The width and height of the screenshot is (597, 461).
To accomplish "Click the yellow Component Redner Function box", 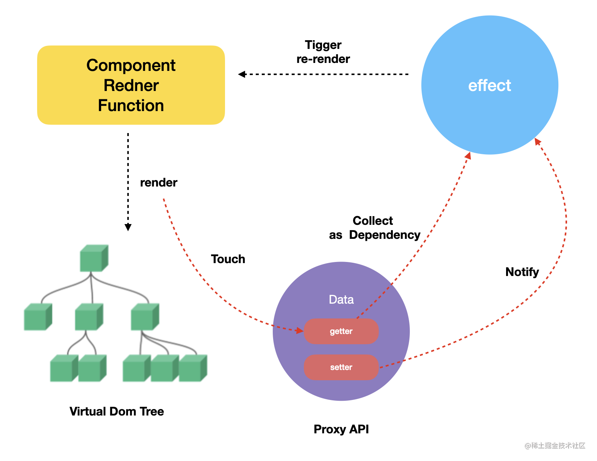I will click(131, 85).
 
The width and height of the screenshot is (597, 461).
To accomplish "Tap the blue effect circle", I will click(489, 85).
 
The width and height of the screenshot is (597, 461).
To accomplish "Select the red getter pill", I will click(341, 331).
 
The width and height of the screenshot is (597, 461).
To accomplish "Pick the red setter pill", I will click(341, 367).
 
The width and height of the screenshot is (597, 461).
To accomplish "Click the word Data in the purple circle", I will click(341, 299).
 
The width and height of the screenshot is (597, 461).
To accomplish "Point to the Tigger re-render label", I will click(323, 52).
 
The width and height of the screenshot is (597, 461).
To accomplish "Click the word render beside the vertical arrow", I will click(158, 183).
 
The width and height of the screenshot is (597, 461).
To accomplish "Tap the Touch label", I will click(228, 259).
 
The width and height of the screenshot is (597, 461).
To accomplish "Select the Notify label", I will click(522, 272).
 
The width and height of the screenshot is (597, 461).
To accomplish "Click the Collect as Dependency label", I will click(374, 228).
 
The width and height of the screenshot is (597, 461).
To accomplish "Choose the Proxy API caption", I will click(341, 429).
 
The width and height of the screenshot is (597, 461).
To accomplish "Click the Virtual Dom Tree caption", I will click(117, 411).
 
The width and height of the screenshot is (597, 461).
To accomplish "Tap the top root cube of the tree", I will click(94, 259).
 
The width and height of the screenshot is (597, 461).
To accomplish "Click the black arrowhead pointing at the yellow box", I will click(242, 74).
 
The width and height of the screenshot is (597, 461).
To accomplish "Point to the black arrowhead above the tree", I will click(128, 227).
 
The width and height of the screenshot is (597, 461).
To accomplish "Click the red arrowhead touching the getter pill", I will click(300, 331).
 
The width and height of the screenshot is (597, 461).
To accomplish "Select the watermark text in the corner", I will click(555, 445).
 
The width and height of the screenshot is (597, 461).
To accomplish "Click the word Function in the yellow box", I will click(131, 105).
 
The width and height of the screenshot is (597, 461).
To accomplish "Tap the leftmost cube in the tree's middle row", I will click(38, 317).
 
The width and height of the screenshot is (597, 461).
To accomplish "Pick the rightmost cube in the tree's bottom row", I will click(192, 368).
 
